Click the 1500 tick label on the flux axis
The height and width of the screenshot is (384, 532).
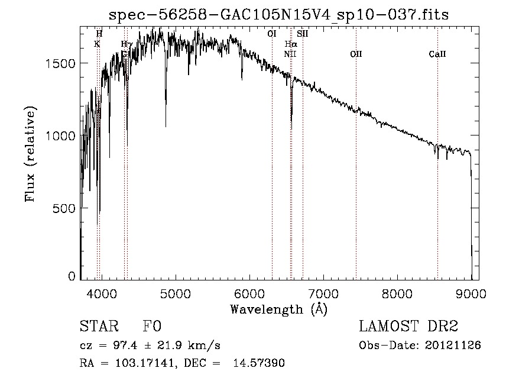pyautogui.click(x=60, y=64)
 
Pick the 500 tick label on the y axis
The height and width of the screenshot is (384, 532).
pyautogui.click(x=65, y=208)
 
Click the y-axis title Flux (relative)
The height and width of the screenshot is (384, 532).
pyautogui.click(x=31, y=154)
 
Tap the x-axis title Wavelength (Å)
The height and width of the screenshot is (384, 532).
pyautogui.click(x=278, y=309)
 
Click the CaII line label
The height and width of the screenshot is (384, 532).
pyautogui.click(x=437, y=54)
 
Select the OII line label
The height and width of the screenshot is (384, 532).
pyautogui.click(x=356, y=54)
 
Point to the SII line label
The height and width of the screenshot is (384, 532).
pyautogui.click(x=303, y=34)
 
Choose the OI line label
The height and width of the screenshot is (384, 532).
pyautogui.click(x=272, y=34)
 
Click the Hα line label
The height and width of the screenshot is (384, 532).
pyautogui.click(x=290, y=44)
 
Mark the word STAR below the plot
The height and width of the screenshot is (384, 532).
pyautogui.click(x=98, y=327)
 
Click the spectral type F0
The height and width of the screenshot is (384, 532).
pyautogui.click(x=153, y=327)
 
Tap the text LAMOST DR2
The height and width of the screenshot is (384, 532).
pyautogui.click(x=408, y=327)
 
